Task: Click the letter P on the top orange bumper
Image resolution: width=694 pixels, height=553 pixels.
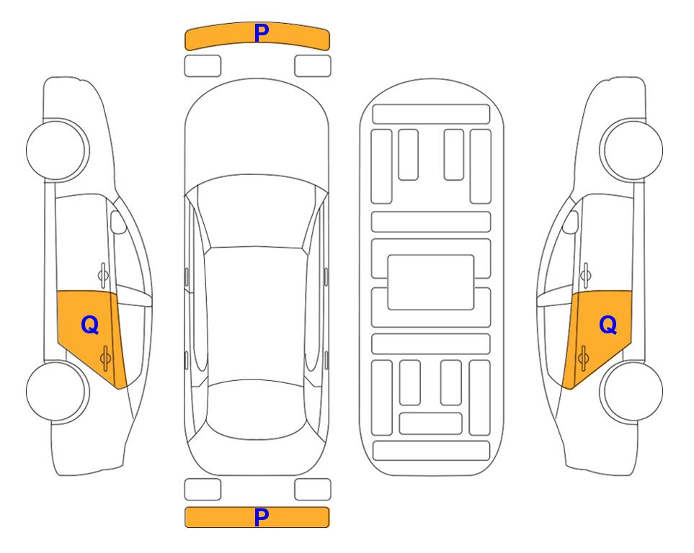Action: pos(261,33)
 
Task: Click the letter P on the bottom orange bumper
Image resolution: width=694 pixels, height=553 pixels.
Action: pos(261,517)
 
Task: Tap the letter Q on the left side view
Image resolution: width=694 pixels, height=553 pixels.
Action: pos(90,325)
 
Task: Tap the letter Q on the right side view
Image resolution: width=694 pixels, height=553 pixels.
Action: pos(608,325)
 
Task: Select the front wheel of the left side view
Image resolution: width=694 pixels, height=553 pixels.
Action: pos(58,150)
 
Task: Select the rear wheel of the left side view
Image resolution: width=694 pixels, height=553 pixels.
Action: pos(58,391)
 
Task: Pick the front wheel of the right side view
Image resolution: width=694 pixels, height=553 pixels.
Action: pos(631,150)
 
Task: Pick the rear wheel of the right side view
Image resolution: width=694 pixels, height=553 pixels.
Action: pos(631,391)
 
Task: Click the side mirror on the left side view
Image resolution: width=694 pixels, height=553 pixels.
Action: pos(118,222)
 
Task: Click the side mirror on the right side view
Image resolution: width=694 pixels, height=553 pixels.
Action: pos(570,222)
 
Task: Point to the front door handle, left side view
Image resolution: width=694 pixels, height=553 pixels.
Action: pos(103,275)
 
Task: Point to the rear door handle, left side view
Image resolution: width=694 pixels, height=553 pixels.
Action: pos(105,358)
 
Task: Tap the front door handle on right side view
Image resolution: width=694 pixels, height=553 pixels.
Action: pos(585,275)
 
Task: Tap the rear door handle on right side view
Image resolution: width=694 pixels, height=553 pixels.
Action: pos(583,358)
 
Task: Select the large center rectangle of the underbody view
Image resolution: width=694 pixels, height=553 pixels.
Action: pos(431,282)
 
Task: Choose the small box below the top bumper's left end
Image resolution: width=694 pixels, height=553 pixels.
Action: pos(203,66)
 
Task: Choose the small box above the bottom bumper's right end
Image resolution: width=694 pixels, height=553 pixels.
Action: pos(313,490)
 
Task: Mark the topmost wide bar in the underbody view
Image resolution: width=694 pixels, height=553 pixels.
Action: pos(431,114)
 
